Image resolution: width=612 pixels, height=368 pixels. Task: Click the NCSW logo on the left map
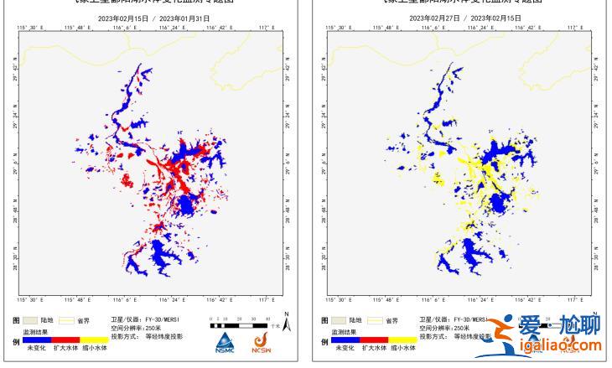260,340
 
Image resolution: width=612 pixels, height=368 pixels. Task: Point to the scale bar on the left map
238,322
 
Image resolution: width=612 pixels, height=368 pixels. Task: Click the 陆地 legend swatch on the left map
32,320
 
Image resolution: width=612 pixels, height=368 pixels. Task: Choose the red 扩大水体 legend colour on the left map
66,340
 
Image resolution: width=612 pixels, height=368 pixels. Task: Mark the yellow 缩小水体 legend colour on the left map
94,340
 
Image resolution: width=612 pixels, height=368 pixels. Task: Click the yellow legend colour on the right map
401,340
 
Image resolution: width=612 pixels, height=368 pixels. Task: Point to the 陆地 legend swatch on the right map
339,320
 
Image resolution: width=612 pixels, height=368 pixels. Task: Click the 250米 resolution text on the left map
157,328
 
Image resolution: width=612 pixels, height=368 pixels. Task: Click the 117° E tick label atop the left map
266,28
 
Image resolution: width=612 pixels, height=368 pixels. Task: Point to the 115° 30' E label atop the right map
335,28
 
